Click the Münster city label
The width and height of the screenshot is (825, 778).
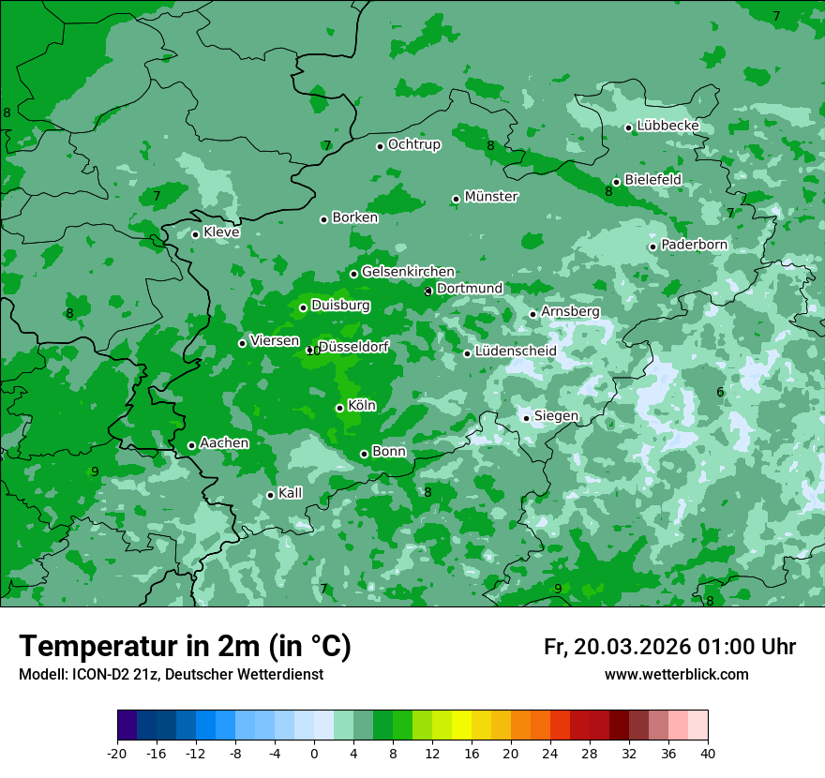tap(491, 197)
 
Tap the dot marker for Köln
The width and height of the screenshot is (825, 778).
tap(339, 408)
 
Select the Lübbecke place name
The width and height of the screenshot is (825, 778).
tap(667, 126)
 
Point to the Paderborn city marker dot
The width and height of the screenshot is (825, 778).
tap(652, 247)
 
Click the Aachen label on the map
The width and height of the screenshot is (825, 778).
tap(224, 442)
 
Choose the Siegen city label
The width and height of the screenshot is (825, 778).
tap(556, 416)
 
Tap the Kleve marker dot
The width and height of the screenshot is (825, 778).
tap(195, 234)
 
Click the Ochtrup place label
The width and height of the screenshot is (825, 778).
tap(413, 144)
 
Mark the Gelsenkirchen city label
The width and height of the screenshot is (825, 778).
tap(408, 272)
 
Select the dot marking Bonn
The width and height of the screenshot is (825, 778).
tap(364, 454)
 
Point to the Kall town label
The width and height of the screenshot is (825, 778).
tap(291, 493)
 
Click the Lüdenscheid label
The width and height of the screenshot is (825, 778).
tap(516, 352)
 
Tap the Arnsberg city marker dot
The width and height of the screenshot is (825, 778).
tap(532, 314)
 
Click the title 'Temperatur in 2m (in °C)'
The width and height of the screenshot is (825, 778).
tap(185, 646)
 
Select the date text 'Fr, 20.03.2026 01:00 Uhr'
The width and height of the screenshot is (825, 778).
tap(669, 647)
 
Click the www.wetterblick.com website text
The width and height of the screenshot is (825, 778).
tap(676, 675)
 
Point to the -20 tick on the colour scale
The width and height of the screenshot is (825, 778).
tap(117, 753)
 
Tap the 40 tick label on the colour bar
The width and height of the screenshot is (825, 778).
tap(707, 753)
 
